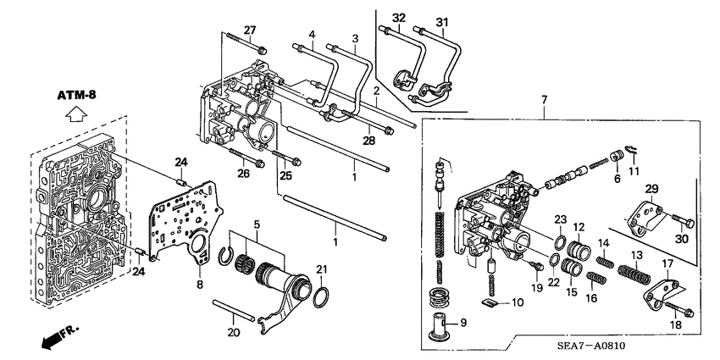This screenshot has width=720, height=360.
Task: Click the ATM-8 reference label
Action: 78,95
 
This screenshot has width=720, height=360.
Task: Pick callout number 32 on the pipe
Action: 398,16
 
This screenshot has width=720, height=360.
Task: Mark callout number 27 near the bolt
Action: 249,30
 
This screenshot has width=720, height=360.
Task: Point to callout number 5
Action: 256,225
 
